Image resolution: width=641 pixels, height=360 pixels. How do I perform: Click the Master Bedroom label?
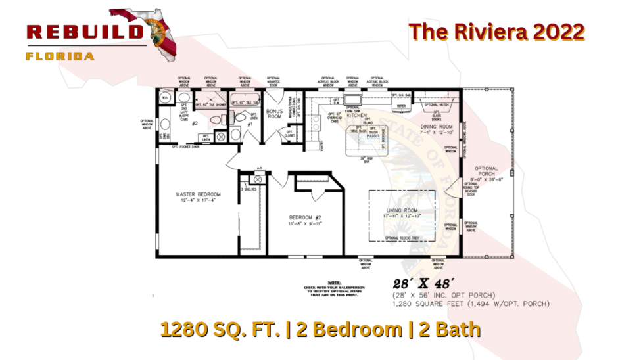coord(198,194)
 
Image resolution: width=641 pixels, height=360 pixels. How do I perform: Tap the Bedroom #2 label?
coord(305,217)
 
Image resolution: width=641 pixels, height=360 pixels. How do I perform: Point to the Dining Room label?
coord(437,126)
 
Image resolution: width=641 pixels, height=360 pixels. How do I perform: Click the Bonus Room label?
coord(274,114)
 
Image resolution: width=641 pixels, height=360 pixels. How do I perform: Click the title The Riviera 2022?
coord(496,32)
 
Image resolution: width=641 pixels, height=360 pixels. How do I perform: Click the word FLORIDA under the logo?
coord(60,56)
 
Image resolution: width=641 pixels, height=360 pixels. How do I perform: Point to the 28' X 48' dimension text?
coord(421,284)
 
